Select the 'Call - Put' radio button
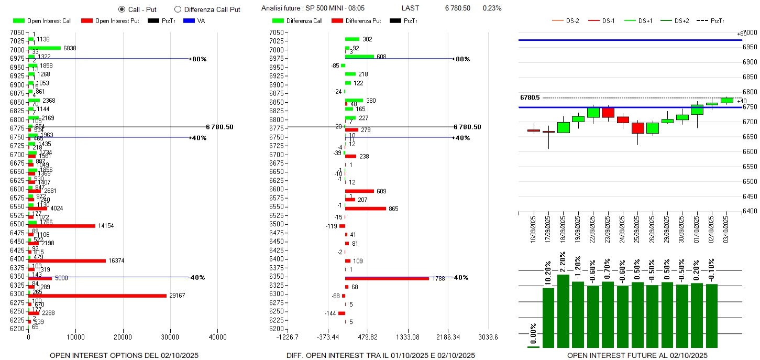click(x=122, y=9)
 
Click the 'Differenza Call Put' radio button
click(x=178, y=9)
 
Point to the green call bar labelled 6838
click(x=45, y=48)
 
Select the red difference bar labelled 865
click(x=365, y=209)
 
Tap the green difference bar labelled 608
click(x=359, y=56)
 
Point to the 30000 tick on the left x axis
click(x=170, y=337)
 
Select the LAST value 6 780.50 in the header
click(x=457, y=8)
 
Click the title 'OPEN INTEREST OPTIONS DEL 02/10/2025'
click(x=124, y=355)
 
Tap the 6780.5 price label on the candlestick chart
click(x=530, y=97)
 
